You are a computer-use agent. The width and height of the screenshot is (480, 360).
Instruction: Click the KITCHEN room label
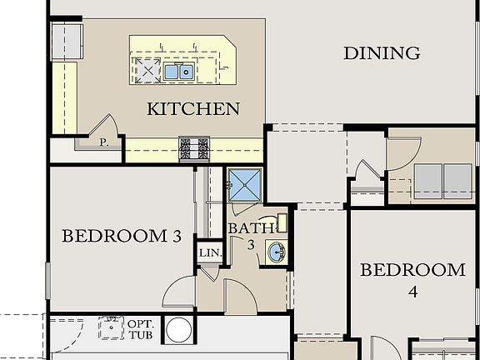[x=193, y=108]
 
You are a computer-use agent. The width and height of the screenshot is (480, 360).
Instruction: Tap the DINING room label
[x=382, y=53]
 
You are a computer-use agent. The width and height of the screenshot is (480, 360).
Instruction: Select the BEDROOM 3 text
[x=122, y=236]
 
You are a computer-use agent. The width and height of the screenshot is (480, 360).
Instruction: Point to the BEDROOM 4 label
[x=412, y=280]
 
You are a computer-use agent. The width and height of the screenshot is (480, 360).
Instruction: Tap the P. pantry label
[x=104, y=142]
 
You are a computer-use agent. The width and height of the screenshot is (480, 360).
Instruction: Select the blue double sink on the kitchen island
[x=180, y=72]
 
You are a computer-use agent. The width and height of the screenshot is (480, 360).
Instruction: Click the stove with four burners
[x=195, y=148]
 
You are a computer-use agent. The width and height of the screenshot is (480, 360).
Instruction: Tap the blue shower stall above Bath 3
[x=246, y=186]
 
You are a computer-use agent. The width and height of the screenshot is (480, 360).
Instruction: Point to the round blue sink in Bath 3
[x=276, y=250]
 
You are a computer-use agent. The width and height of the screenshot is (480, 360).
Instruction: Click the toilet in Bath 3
[x=282, y=222]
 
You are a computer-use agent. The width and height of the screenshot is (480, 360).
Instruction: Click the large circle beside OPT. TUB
[x=179, y=331]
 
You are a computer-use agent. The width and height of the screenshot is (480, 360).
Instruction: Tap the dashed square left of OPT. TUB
[x=111, y=328]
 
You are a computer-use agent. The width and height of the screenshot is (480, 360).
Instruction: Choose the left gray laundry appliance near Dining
[x=427, y=179]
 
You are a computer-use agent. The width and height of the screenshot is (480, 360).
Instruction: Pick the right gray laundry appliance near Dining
[x=457, y=179]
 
